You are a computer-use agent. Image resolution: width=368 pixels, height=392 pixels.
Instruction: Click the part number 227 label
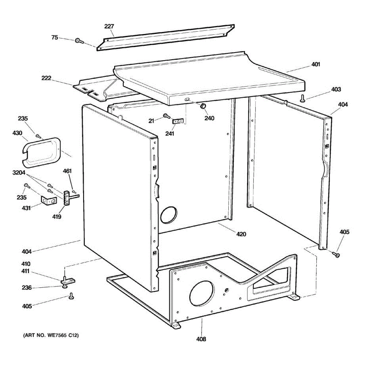pyautogui.click(x=109, y=26)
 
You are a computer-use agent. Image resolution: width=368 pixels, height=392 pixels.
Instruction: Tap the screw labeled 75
pyautogui.click(x=79, y=41)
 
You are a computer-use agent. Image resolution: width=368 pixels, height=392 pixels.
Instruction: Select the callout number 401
pyautogui.click(x=315, y=64)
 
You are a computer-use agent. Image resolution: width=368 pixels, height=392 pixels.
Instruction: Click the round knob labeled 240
pyautogui.click(x=203, y=106)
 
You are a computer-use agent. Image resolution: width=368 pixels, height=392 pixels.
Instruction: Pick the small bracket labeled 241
pyautogui.click(x=178, y=121)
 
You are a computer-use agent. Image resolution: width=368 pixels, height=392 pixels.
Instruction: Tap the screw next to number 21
pyautogui.click(x=166, y=115)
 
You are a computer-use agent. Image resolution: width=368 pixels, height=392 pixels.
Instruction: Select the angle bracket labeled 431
pyautogui.click(x=48, y=201)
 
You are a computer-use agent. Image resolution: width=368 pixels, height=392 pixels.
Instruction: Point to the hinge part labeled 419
pyautogui.click(x=67, y=198)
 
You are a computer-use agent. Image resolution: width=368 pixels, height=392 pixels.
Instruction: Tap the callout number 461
pyautogui.click(x=67, y=171)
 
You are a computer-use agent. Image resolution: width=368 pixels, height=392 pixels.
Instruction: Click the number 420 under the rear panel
pyautogui.click(x=241, y=234)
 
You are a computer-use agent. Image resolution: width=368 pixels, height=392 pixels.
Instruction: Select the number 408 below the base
pyautogui.click(x=201, y=339)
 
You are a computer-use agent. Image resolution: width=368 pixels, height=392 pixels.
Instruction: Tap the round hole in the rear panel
pyautogui.click(x=168, y=215)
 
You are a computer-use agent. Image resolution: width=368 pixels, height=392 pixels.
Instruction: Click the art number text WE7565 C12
pyautogui.click(x=51, y=335)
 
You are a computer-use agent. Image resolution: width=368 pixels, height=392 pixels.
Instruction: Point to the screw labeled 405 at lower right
pyautogui.click(x=336, y=254)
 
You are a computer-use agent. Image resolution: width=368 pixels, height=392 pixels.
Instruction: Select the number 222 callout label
pyautogui.click(x=46, y=78)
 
